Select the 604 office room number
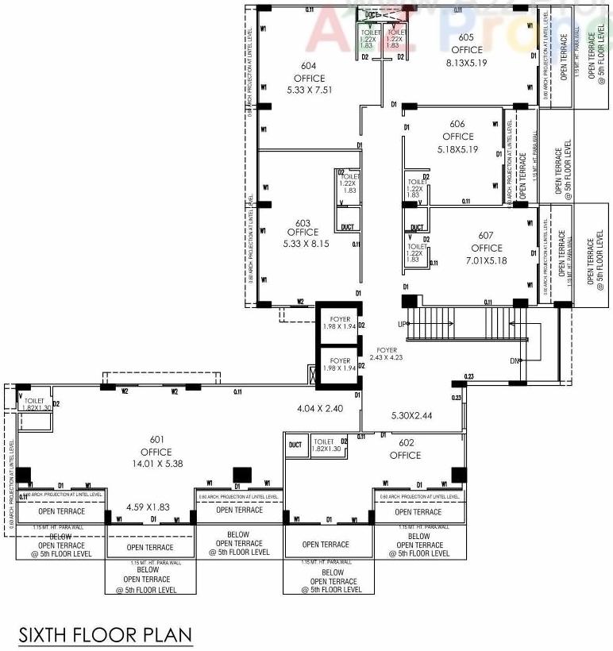pyautogui.click(x=308, y=67)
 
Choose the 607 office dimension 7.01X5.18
pyautogui.click(x=487, y=260)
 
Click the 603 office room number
pyautogui.click(x=302, y=222)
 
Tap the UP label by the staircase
pyautogui.click(x=403, y=325)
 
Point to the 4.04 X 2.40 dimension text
pyautogui.click(x=318, y=409)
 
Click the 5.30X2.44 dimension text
pyautogui.click(x=412, y=415)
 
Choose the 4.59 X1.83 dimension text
pyautogui.click(x=149, y=506)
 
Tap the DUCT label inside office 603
pyautogui.click(x=348, y=227)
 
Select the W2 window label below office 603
pyautogui.click(x=300, y=302)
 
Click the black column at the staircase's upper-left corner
pyautogui.click(x=409, y=301)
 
